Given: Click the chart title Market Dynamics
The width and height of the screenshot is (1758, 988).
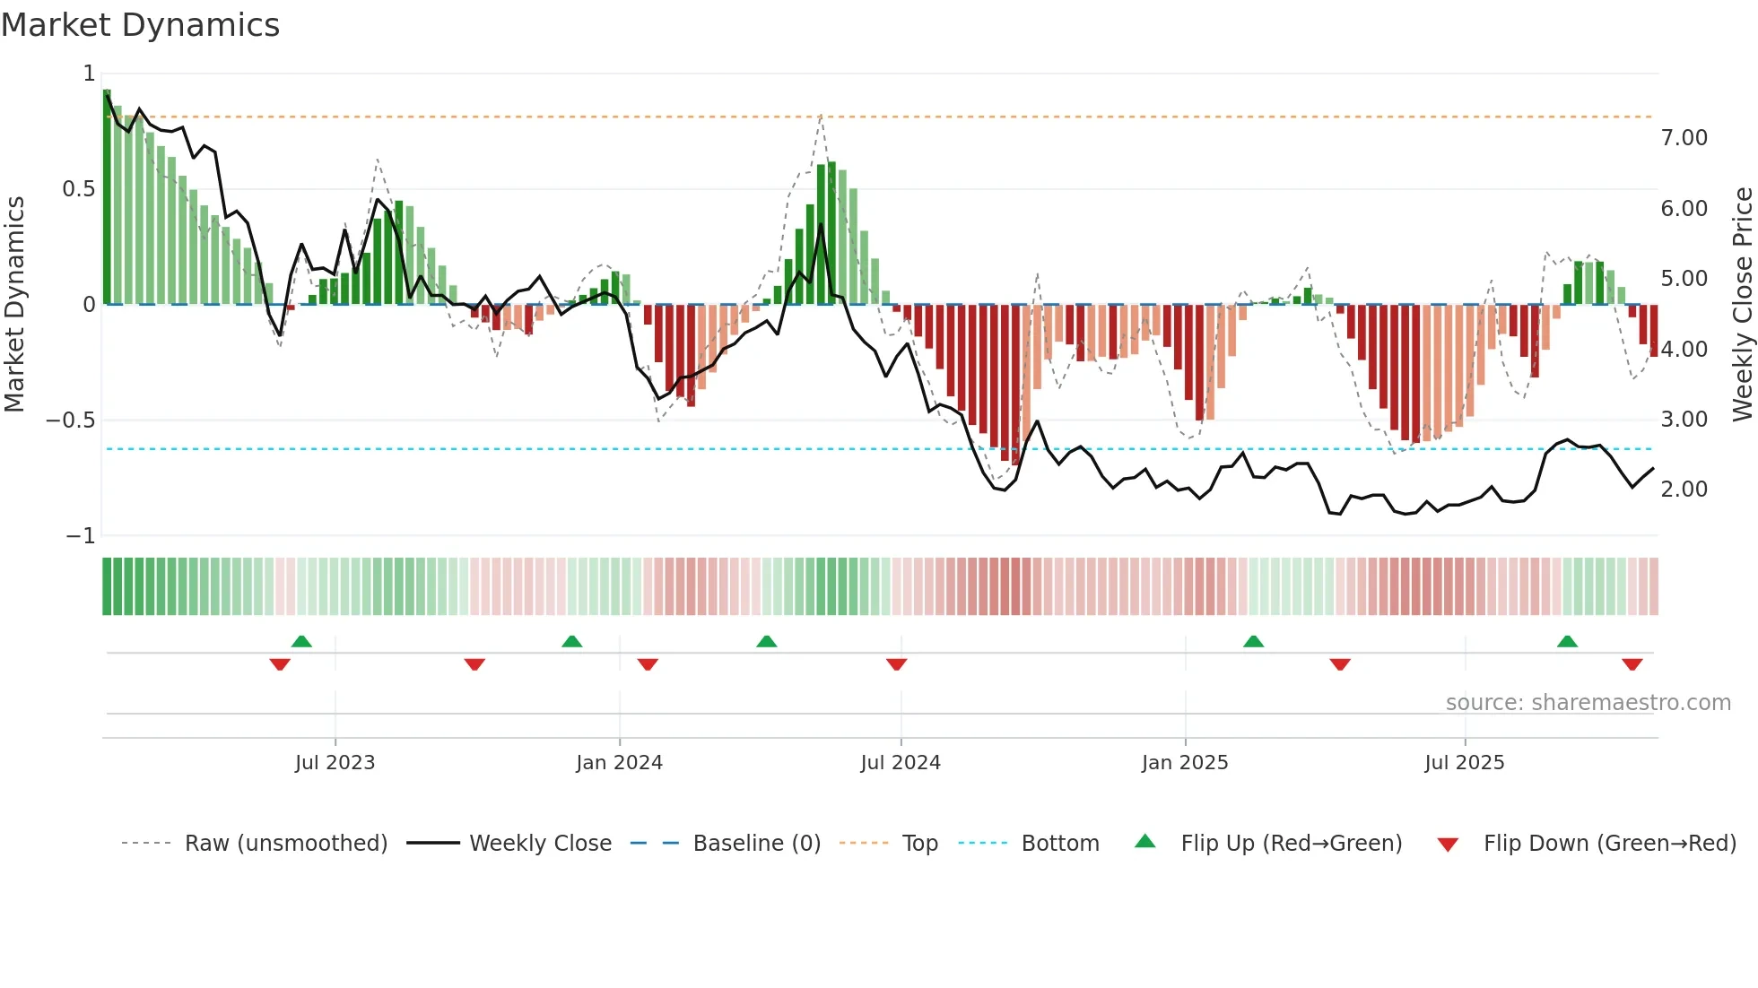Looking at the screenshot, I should click(140, 25).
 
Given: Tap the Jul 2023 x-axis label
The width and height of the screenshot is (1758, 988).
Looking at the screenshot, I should click(335, 763).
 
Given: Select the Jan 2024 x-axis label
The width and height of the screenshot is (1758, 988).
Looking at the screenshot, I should click(619, 763).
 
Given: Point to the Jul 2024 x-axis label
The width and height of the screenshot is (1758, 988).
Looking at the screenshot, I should click(901, 763).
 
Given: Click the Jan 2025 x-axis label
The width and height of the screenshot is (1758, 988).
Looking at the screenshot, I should click(1185, 763).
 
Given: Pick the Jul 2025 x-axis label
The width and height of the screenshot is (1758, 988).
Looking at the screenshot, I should click(1465, 763).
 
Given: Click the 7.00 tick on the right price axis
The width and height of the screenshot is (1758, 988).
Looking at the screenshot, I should click(1684, 138).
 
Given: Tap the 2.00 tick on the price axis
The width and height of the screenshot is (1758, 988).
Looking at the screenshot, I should click(1684, 490).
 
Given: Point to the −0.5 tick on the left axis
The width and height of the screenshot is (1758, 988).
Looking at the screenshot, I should click(71, 420).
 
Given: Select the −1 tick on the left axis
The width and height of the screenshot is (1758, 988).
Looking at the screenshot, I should click(81, 536).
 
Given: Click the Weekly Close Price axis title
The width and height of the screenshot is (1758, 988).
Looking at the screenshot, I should click(1742, 304).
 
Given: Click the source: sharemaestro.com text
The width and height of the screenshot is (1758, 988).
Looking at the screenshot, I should click(1588, 703).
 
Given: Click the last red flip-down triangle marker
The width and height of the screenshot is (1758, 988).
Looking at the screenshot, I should click(1632, 664).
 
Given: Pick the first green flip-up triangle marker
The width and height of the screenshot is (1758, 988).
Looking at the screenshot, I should click(301, 641).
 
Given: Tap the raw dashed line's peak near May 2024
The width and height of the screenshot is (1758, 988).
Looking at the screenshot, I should click(821, 115).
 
